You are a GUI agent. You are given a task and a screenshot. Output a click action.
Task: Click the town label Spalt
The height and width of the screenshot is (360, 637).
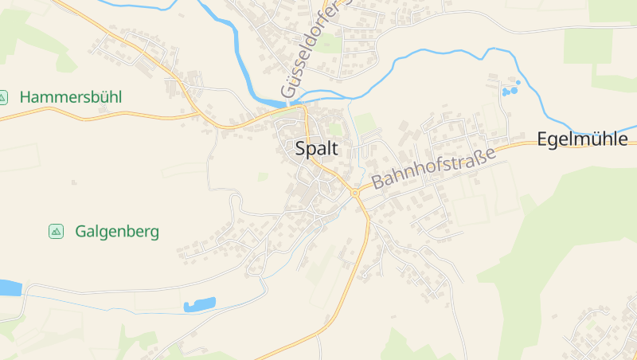point(316,148)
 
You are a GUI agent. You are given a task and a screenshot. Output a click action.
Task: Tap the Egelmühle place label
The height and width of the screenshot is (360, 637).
point(583,139)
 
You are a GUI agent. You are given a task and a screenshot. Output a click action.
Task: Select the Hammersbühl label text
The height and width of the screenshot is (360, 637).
point(70,97)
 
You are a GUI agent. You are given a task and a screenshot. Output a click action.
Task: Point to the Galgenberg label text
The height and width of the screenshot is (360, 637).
point(117,232)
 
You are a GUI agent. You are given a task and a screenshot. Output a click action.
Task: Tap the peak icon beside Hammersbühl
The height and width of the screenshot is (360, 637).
point(3,97)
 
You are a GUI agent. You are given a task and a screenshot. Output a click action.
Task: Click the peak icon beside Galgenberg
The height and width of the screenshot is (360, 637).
point(56,232)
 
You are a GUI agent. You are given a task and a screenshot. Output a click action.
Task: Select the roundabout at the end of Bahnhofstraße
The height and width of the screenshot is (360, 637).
point(354,192)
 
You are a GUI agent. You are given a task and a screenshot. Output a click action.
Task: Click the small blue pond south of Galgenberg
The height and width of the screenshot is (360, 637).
point(200,304)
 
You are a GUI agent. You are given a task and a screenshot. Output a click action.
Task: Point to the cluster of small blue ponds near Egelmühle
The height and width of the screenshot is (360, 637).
point(510,89)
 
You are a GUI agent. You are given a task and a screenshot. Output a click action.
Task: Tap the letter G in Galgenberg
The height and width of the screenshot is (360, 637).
point(81,232)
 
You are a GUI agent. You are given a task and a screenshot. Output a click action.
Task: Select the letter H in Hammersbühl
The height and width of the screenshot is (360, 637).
point(25,97)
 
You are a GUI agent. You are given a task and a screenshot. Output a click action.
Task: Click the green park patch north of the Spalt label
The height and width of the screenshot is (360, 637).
point(335,128)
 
